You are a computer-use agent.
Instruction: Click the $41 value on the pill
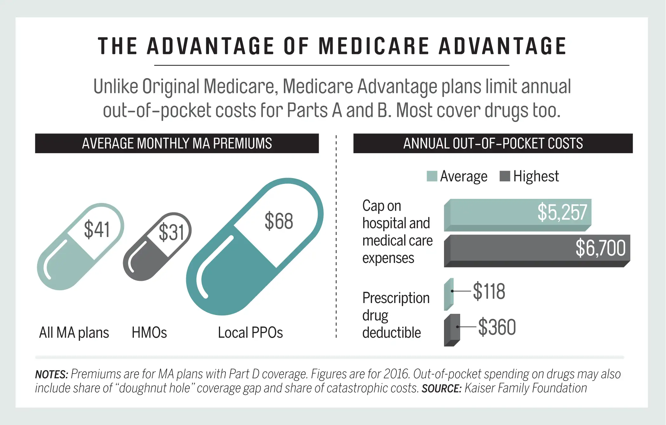click(x=97, y=230)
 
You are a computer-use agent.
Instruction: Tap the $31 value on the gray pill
click(x=171, y=232)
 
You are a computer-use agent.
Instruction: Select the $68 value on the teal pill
click(x=279, y=221)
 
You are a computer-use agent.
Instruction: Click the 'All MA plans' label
click(x=74, y=333)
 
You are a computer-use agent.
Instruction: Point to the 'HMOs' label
click(x=149, y=333)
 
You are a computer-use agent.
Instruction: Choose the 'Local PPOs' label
click(x=250, y=333)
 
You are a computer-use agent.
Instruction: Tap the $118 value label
click(x=489, y=291)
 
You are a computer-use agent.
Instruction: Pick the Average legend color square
click(x=432, y=176)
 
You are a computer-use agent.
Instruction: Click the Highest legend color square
click(x=505, y=176)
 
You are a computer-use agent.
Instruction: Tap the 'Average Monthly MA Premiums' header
click(x=177, y=143)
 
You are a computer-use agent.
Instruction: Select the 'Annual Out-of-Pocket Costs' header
click(x=493, y=143)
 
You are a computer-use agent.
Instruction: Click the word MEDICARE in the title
click(x=374, y=46)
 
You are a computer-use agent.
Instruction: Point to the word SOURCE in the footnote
click(x=441, y=388)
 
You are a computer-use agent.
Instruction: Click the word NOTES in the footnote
click(x=51, y=374)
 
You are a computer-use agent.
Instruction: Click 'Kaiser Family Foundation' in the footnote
click(x=526, y=388)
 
